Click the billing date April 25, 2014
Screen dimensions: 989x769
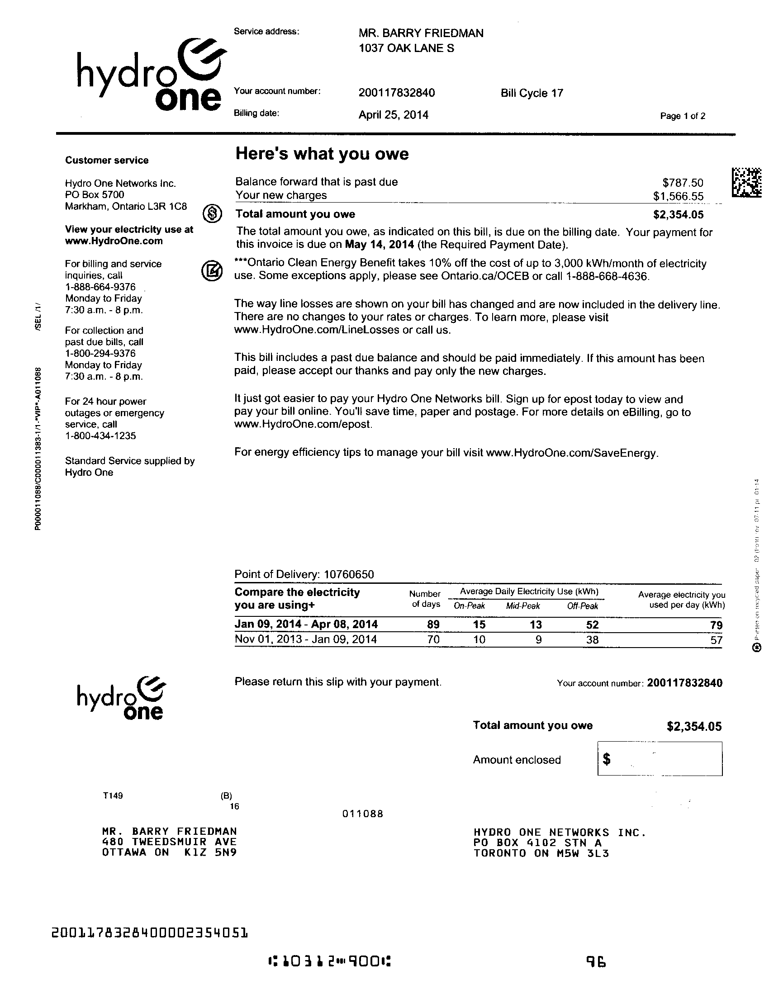point(393,115)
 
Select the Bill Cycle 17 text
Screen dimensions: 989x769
point(532,93)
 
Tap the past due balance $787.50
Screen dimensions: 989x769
point(683,183)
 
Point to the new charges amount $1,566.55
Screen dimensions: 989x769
point(678,196)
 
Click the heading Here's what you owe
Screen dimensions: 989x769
point(322,154)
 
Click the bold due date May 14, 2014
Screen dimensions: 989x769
point(380,245)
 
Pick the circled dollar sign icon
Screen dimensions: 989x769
point(212,213)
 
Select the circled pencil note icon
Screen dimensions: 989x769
point(212,270)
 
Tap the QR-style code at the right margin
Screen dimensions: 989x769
point(746,182)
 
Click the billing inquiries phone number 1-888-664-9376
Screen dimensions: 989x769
point(100,287)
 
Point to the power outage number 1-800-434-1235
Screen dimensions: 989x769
point(100,436)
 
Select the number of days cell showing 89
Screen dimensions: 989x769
point(433,625)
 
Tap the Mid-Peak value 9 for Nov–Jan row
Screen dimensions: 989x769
point(538,640)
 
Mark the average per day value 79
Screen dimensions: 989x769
point(716,625)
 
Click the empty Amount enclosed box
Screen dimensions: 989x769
point(660,759)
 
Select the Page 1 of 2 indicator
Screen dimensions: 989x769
point(683,116)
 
